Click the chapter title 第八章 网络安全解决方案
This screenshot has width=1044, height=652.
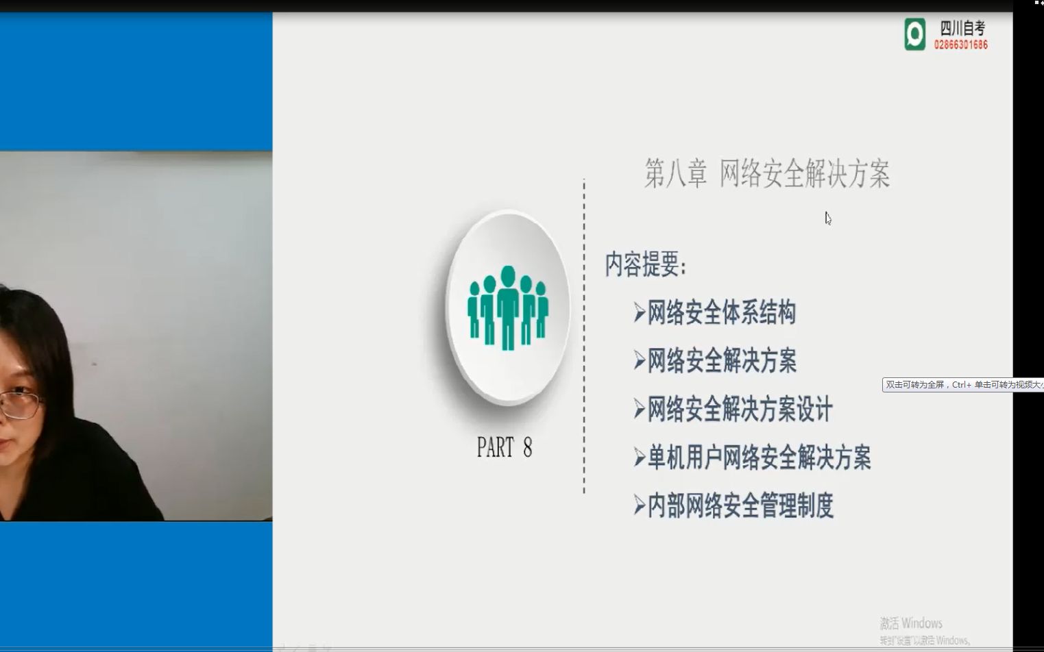(x=767, y=174)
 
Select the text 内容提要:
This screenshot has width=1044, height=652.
(x=645, y=264)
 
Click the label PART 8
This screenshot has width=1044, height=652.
(x=504, y=448)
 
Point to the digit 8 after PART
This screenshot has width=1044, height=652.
(x=527, y=448)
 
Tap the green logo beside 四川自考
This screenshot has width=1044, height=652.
(x=914, y=34)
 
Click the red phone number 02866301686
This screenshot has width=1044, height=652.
(x=961, y=45)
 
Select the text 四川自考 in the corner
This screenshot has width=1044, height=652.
(x=962, y=28)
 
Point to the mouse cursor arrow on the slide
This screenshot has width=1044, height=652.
(x=827, y=218)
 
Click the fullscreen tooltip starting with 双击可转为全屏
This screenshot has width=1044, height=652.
(x=962, y=385)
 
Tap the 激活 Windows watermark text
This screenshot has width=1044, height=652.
(x=911, y=623)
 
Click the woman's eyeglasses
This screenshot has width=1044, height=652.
(x=19, y=403)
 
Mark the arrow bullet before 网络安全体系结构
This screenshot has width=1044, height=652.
(x=640, y=313)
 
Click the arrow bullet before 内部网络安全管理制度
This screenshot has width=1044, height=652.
(x=640, y=506)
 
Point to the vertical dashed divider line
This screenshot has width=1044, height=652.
(x=584, y=336)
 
